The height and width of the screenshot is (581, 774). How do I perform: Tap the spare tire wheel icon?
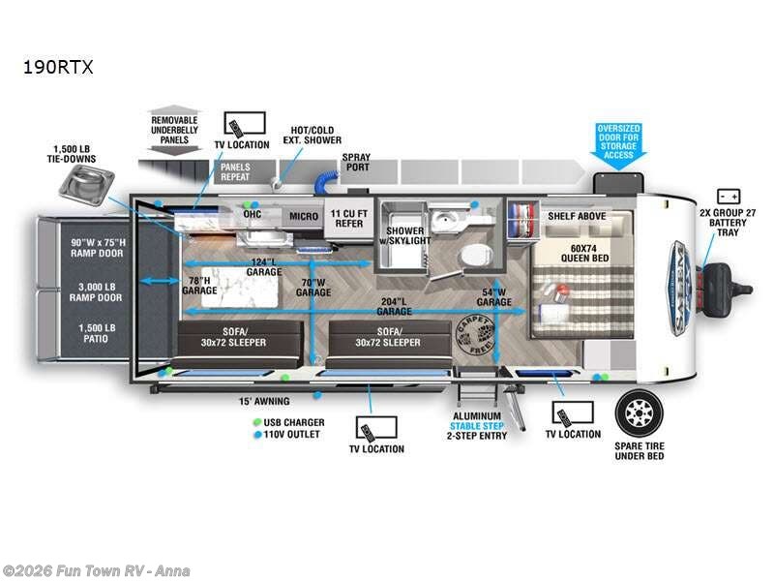click(639, 415)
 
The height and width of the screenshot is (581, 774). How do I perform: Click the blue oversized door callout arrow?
click(617, 142)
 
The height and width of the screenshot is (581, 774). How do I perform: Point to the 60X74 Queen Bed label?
click(582, 252)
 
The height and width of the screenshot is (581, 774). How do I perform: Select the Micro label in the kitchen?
click(304, 216)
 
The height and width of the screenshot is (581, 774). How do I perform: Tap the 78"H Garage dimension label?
click(200, 285)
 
